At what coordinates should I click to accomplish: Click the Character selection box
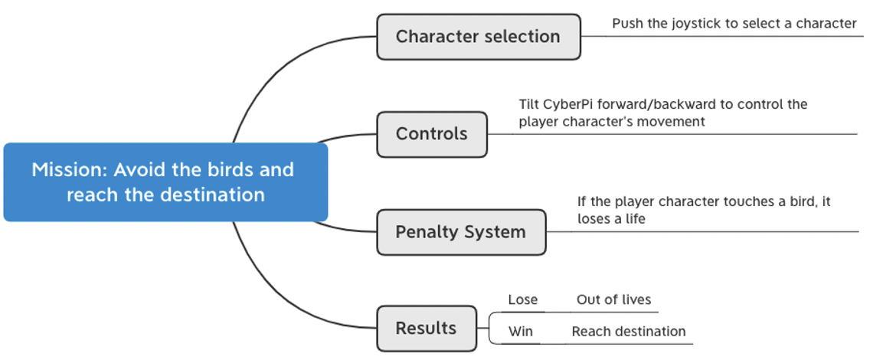479,37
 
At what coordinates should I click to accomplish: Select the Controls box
432,134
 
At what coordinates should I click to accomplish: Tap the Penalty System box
461,232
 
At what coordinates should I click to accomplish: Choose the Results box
426,329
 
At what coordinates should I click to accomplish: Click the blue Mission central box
165,182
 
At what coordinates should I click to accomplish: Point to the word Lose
522,300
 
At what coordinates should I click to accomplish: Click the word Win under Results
521,332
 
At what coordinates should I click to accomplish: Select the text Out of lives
613,300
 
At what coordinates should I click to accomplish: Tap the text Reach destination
629,332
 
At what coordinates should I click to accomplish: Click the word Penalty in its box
425,232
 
